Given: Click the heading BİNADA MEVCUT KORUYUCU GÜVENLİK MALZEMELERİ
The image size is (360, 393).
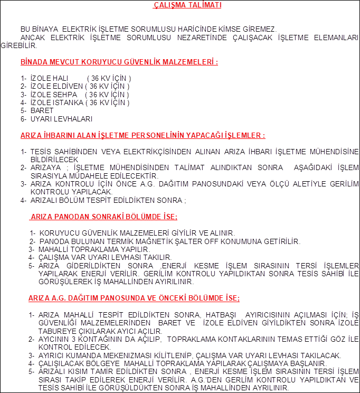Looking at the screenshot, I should click(x=119, y=62).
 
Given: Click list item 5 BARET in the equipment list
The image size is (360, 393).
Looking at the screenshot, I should click(x=42, y=110).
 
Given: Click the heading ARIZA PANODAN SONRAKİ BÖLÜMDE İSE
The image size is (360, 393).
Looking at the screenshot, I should click(x=103, y=217).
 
